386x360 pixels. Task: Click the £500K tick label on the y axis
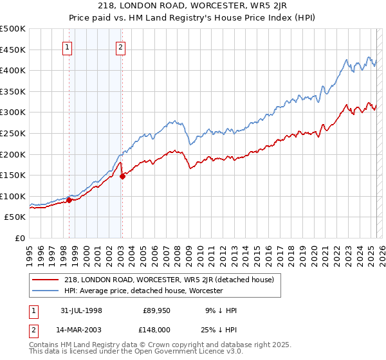coord(13,29)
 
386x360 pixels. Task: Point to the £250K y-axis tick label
coord(13,133)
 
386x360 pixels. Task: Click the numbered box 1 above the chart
coord(68,46)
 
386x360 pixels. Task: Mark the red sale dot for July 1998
coord(69,201)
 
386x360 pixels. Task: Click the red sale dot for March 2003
coord(122,176)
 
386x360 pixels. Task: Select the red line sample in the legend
coord(46,280)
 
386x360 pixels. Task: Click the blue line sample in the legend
coord(46,291)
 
